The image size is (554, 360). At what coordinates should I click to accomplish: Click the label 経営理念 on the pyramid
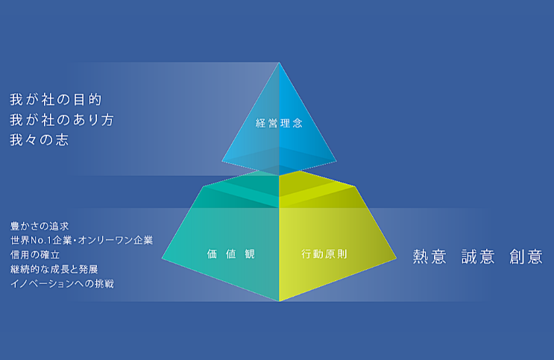(279, 123)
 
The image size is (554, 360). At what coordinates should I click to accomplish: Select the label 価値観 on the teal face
(231, 254)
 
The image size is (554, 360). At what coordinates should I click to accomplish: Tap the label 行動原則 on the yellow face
(324, 253)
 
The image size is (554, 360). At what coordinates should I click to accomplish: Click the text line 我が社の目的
(56, 99)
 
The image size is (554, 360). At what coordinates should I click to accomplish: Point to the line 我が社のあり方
(62, 119)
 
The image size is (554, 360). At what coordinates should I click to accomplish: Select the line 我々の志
(39, 139)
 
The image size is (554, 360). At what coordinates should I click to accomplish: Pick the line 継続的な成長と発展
(54, 269)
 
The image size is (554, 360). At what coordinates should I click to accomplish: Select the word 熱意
(429, 257)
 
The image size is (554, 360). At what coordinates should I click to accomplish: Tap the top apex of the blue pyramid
(279, 62)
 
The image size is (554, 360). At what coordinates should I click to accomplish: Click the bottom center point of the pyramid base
(279, 301)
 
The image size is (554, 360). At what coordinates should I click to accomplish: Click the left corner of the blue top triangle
(221, 160)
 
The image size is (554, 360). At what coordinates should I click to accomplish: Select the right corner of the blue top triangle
(337, 160)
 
